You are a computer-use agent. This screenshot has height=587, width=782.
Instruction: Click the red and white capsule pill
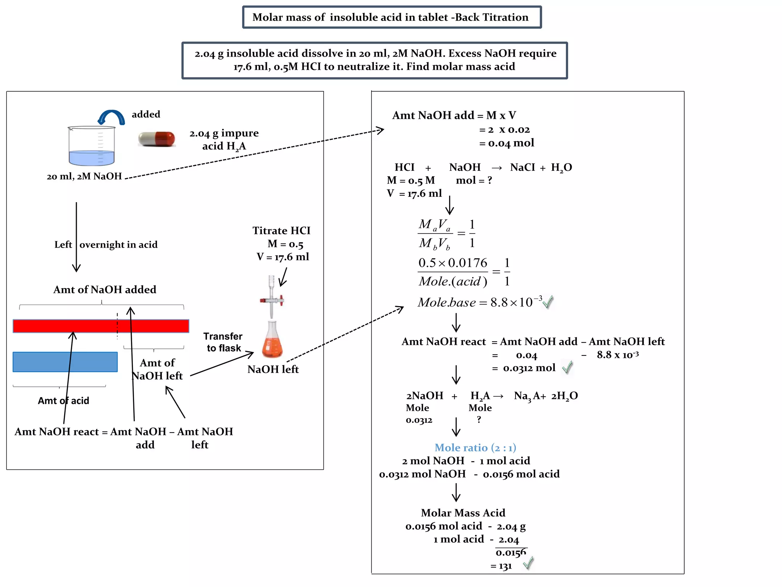157,139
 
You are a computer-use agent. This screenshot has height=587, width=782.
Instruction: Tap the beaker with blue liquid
92,147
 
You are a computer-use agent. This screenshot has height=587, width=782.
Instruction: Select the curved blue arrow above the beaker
111,117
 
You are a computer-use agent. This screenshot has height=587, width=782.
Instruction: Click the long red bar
101,326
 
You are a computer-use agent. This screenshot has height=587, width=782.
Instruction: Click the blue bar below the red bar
65,362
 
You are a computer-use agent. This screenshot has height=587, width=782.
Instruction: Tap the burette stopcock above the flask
272,300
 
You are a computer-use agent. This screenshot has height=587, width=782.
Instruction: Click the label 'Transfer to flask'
223,342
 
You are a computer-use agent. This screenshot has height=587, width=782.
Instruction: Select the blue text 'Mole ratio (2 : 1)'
475,448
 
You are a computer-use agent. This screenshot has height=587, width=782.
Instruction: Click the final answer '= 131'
501,566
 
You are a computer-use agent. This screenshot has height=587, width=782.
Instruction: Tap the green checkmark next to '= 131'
528,563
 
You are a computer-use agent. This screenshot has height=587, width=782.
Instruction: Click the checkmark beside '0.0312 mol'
567,367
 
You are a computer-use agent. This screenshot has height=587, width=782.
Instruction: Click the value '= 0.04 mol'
507,143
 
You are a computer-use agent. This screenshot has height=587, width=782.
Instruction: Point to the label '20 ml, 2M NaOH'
84,177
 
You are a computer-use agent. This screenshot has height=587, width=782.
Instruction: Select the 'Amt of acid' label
63,401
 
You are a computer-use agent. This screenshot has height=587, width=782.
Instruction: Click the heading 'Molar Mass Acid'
463,513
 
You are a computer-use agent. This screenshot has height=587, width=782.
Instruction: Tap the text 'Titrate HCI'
281,230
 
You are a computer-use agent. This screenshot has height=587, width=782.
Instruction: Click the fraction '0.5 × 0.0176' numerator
452,263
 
